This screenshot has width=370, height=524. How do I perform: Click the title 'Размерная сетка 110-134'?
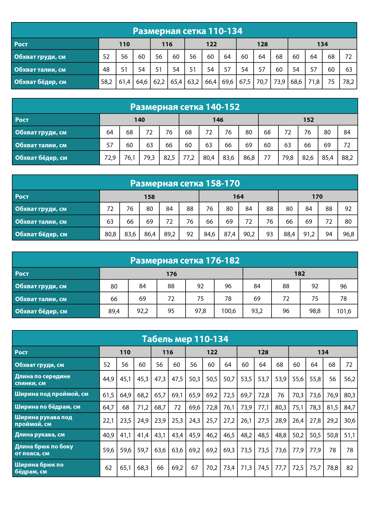pos(187,31)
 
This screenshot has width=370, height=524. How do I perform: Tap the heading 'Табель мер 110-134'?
pos(185,339)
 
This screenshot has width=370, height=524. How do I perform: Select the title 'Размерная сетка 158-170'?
pos(185,183)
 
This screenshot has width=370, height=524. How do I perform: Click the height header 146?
pos(218,120)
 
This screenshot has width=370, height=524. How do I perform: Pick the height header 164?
pos(238,197)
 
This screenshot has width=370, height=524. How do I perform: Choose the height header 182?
pos(300,274)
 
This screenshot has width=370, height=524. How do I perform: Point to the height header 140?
pos(139,120)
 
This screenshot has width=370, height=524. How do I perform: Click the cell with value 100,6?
pos(229,311)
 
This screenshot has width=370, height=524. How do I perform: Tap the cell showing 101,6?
pos(344,311)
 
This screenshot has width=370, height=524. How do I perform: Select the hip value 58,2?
pos(107,82)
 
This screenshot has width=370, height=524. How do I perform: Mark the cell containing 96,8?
pos(348,234)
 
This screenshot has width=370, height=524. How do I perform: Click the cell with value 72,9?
pos(110,158)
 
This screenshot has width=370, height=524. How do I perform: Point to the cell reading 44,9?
pos(108,379)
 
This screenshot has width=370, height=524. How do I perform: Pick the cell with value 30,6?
pos(349,421)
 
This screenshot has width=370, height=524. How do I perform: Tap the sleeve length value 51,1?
pos(349,435)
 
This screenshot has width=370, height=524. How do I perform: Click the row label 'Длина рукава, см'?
pos(40,435)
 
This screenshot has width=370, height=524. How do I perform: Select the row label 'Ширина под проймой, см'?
pos(52,394)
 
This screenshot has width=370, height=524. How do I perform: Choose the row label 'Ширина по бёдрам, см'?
pos(48,407)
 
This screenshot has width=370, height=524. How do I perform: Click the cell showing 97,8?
pos(200,311)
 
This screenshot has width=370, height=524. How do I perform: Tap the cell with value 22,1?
pos(108,421)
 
